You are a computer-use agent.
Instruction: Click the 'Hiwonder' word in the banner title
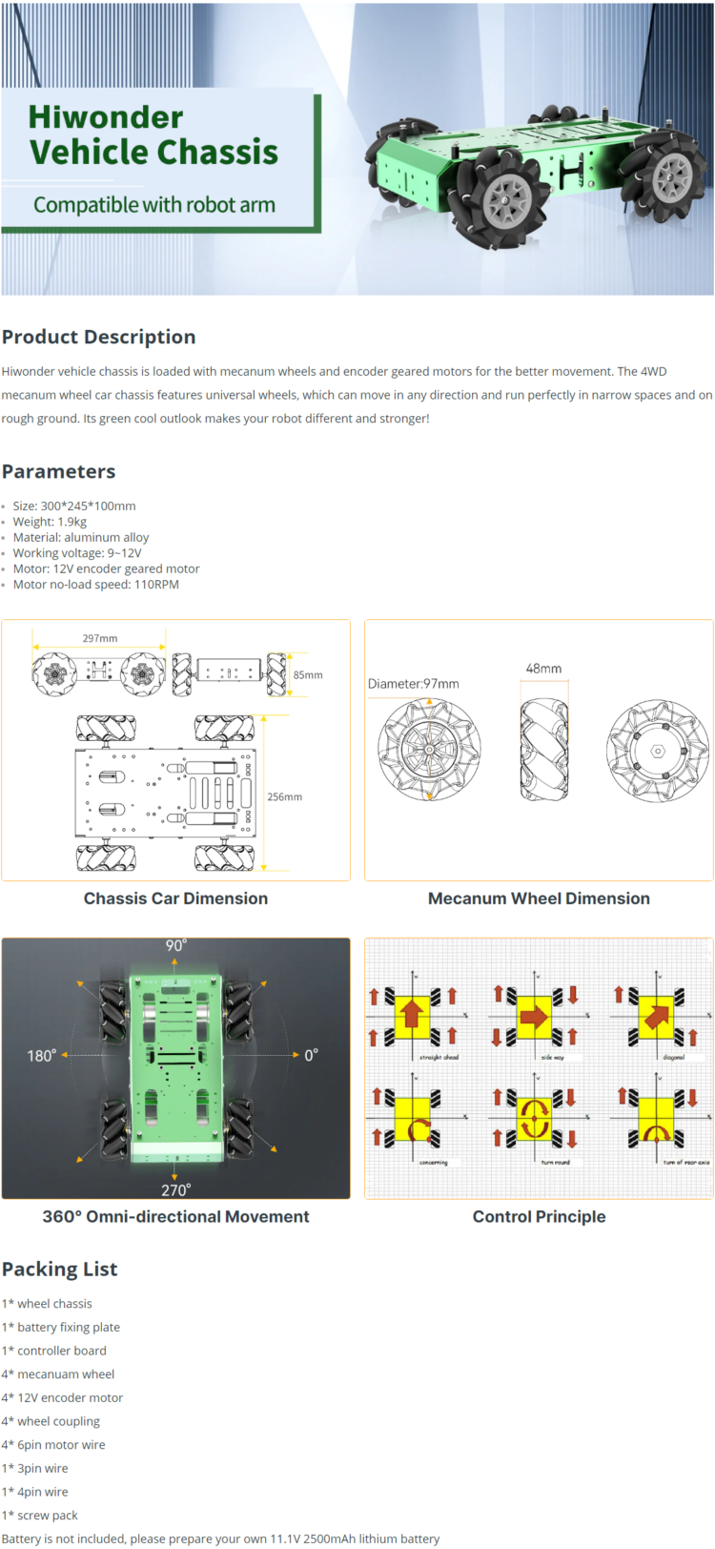(105, 117)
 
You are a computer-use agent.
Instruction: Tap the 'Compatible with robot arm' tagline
(154, 205)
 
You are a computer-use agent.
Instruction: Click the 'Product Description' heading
(99, 337)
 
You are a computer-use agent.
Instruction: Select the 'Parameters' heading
(58, 471)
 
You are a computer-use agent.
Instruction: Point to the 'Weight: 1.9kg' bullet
(50, 522)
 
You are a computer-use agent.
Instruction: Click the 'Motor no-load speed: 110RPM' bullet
(95, 585)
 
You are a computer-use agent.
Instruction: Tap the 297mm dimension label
(100, 639)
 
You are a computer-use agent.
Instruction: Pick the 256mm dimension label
(284, 796)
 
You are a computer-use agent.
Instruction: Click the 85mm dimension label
(308, 674)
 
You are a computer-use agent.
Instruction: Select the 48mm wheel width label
(543, 669)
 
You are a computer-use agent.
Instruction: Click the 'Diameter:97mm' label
(414, 684)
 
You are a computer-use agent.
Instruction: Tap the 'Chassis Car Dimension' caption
(175, 898)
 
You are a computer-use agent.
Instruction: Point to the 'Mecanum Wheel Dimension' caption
(539, 898)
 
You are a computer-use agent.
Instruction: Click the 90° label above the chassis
(176, 945)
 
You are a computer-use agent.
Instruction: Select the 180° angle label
(41, 1056)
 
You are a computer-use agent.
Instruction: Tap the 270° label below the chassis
(176, 1189)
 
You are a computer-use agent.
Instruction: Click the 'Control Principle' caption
(539, 1216)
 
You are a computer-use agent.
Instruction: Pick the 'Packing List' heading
(59, 1270)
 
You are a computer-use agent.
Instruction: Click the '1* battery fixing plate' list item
(61, 1327)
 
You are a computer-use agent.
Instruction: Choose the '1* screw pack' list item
(40, 1515)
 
